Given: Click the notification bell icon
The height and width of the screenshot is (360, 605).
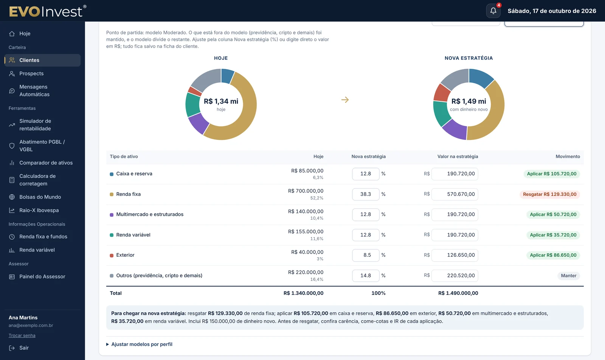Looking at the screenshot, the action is (x=493, y=11).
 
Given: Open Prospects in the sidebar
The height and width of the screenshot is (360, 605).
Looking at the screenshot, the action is (x=31, y=73).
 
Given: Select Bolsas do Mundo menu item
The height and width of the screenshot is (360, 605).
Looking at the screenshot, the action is (x=40, y=197).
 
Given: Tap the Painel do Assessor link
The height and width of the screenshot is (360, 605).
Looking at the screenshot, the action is (x=42, y=276).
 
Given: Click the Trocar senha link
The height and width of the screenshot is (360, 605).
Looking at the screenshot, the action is (x=22, y=335).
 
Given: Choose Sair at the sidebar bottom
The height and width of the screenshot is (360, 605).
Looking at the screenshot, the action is (x=24, y=348).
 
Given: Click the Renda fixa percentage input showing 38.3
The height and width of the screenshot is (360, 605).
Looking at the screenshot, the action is (x=365, y=194).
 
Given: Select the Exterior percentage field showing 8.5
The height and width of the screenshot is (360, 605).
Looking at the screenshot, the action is (x=365, y=255).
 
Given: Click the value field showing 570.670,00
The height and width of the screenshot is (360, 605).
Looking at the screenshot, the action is (x=455, y=194).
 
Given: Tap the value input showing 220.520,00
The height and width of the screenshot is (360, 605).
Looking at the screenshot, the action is (x=455, y=275).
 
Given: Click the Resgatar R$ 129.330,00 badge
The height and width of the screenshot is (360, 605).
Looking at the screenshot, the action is (x=550, y=194).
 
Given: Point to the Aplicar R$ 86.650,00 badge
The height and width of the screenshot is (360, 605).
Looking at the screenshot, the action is (x=553, y=255).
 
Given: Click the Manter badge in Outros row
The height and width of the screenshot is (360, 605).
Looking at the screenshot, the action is (x=569, y=275).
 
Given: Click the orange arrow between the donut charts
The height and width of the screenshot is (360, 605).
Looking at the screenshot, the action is (x=345, y=100).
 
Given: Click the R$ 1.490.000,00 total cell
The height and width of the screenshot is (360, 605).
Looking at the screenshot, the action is (x=458, y=293).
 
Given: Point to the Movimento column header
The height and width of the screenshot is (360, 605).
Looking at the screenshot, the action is (x=568, y=157).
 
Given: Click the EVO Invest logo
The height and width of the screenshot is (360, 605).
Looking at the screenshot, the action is (x=48, y=11).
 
